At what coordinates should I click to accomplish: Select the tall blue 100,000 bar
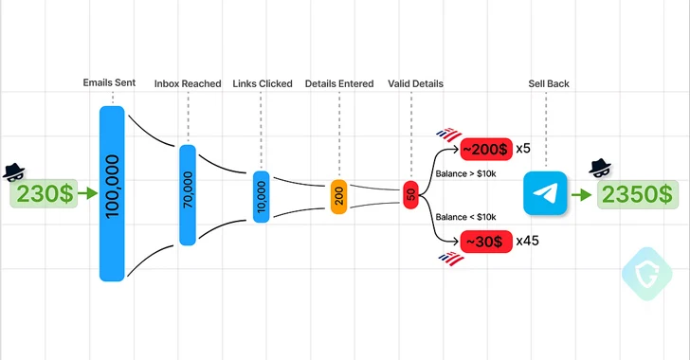pyautogui.click(x=112, y=193)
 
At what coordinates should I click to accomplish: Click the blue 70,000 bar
pyautogui.click(x=188, y=194)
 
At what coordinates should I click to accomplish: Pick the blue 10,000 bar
pyautogui.click(x=262, y=196)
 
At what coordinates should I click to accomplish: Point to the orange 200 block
pyautogui.click(x=339, y=196)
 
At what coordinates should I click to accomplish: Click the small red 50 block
pyautogui.click(x=410, y=194)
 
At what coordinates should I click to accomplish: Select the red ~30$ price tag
pyautogui.click(x=482, y=241)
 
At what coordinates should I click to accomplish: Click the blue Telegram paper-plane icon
pyautogui.click(x=546, y=194)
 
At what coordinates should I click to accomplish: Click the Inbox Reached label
pyautogui.click(x=187, y=84)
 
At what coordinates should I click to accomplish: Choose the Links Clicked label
pyautogui.click(x=262, y=84)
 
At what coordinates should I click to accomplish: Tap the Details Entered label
pyautogui.click(x=339, y=84)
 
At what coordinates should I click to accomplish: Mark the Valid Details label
pyautogui.click(x=415, y=84)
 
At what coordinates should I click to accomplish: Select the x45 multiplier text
pyautogui.click(x=527, y=241)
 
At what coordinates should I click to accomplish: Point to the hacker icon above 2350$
pyautogui.click(x=600, y=169)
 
